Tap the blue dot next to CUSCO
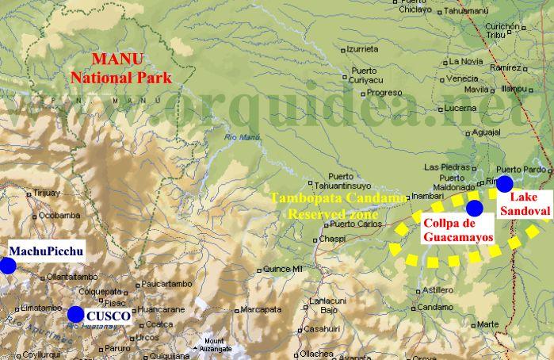75,313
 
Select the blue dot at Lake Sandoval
504,184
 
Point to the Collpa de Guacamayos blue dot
474,208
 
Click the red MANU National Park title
121,68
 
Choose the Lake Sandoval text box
528,204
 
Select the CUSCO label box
107,316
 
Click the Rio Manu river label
241,140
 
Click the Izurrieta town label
362,48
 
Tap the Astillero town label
437,289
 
